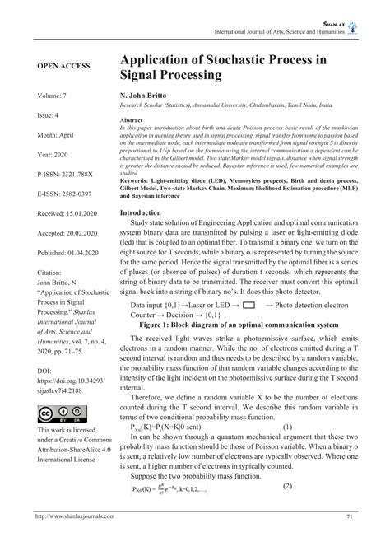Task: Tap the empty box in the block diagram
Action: pyautogui.click(x=249, y=305)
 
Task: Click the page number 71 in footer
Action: pyautogui.click(x=350, y=539)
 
